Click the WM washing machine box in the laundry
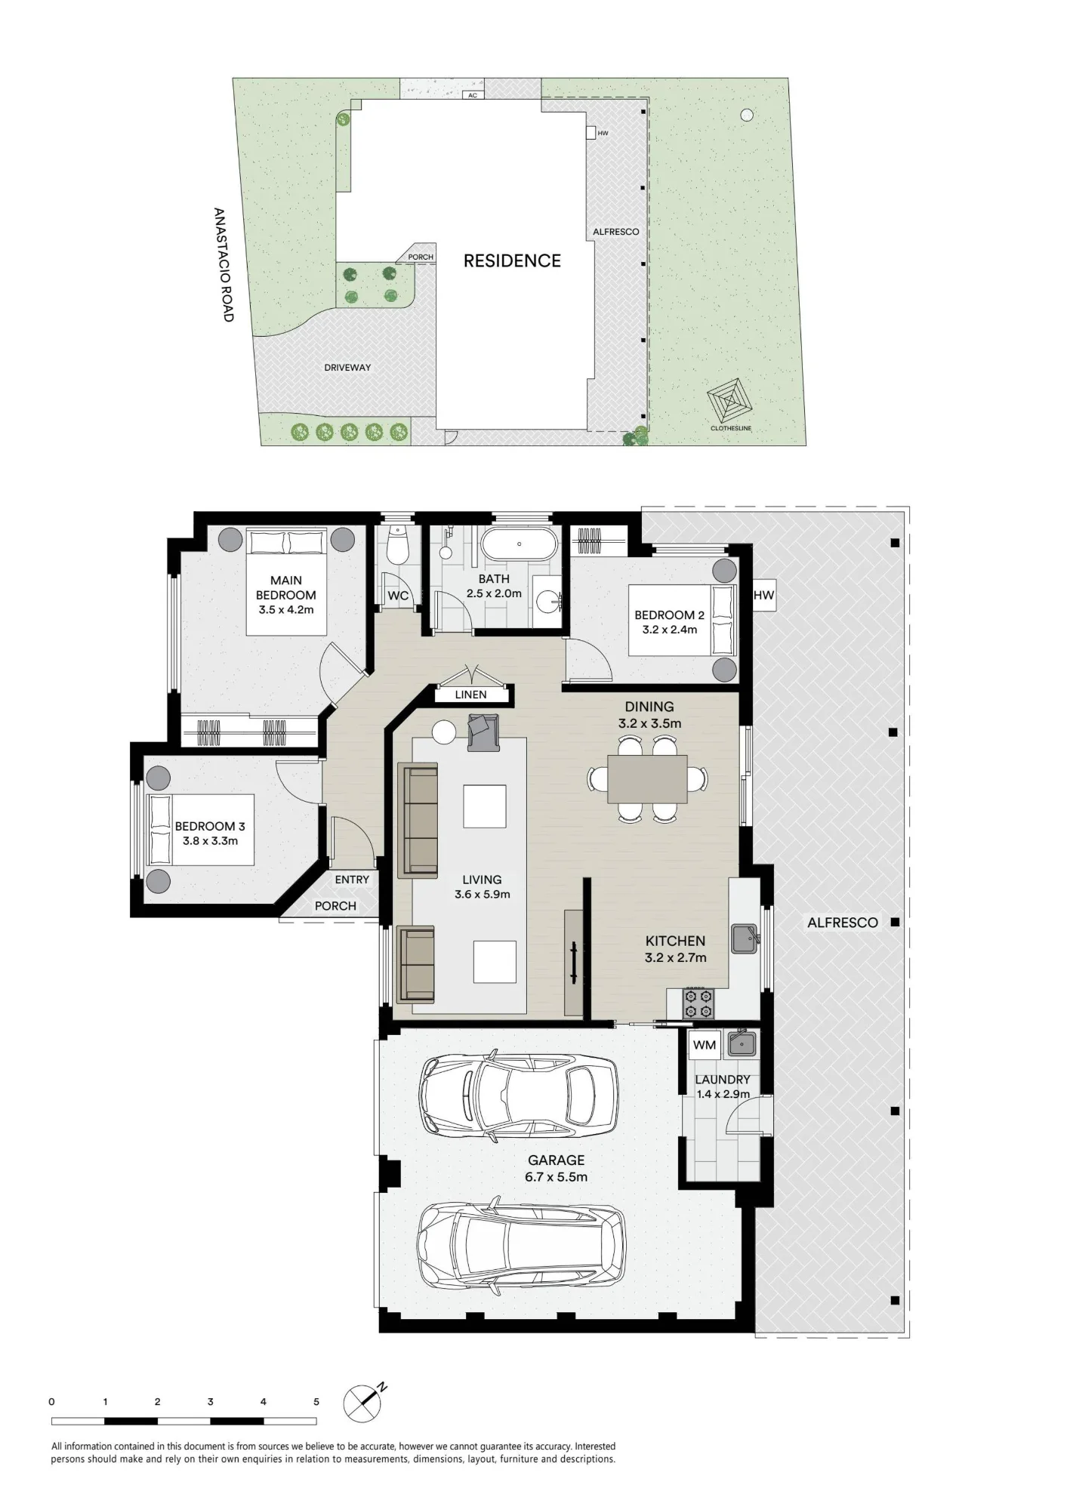705,1045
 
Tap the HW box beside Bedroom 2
763,595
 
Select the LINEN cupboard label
470,695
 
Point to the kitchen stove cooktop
698,1003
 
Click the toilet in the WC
396,544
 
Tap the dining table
648,779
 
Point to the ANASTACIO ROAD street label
224,265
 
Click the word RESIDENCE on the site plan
512,261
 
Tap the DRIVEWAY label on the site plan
347,368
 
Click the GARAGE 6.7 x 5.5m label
557,1168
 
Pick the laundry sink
742,1043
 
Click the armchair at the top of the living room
483,732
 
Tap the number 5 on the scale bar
316,1402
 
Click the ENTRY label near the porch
352,880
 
